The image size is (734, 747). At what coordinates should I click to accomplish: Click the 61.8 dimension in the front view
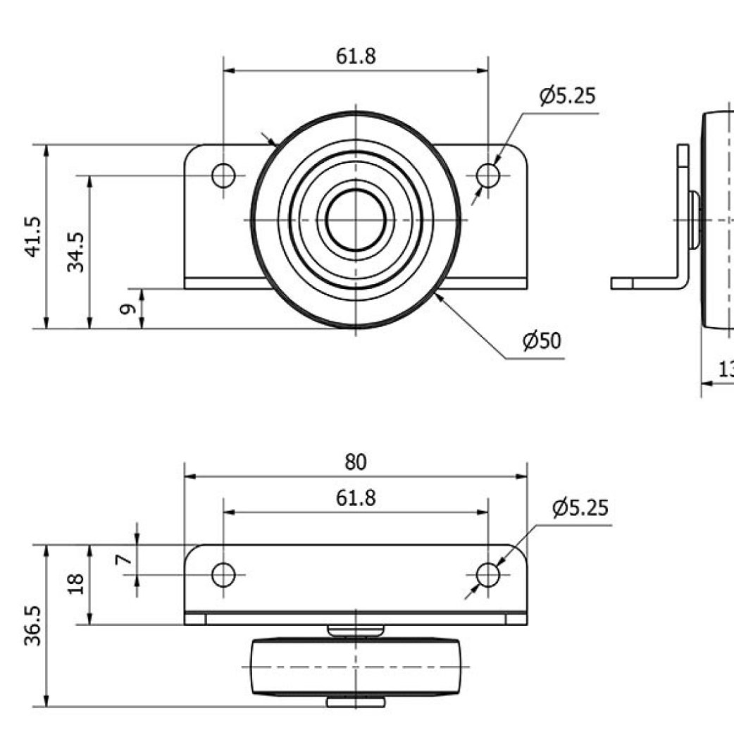pyautogui.click(x=356, y=56)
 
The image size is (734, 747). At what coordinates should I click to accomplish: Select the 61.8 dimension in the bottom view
pyautogui.click(x=356, y=498)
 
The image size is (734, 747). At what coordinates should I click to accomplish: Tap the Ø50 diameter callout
pyautogui.click(x=542, y=341)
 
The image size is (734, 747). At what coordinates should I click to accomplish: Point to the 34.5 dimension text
pyautogui.click(x=77, y=252)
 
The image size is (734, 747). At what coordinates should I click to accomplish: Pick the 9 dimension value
pyautogui.click(x=127, y=309)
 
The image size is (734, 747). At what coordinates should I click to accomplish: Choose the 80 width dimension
pyautogui.click(x=356, y=462)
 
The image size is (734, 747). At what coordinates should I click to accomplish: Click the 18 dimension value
pyautogui.click(x=77, y=584)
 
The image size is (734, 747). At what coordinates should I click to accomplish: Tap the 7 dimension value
pyautogui.click(x=124, y=560)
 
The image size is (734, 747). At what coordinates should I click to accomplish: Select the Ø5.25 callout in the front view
pyautogui.click(x=568, y=95)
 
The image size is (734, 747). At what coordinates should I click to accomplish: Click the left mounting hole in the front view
pyautogui.click(x=223, y=175)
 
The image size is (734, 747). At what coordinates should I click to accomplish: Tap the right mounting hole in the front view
pyautogui.click(x=487, y=175)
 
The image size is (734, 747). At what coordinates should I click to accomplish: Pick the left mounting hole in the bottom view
pyautogui.click(x=223, y=575)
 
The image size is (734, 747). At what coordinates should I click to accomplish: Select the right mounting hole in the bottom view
pyautogui.click(x=487, y=575)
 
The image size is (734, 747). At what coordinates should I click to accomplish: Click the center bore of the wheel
pyautogui.click(x=356, y=220)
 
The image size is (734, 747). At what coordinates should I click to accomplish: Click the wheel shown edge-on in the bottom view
pyautogui.click(x=356, y=667)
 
